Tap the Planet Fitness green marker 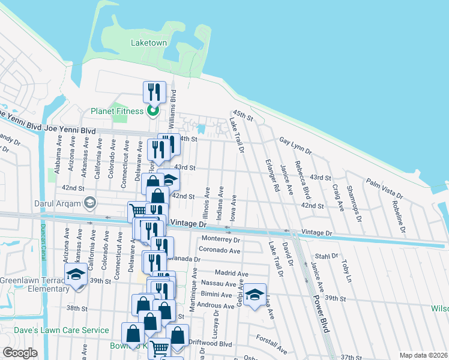pos(152,111)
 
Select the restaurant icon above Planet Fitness pos(152,92)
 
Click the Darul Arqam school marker pos(90,201)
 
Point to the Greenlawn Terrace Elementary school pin pos(76,275)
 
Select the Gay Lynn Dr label pos(295,145)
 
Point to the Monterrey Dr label pos(221,239)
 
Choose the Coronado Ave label pos(220,251)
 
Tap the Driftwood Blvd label pos(209,344)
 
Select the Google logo pos(20,353)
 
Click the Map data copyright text pos(423,355)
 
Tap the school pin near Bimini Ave pos(255,294)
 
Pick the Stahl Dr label pos(327,256)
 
